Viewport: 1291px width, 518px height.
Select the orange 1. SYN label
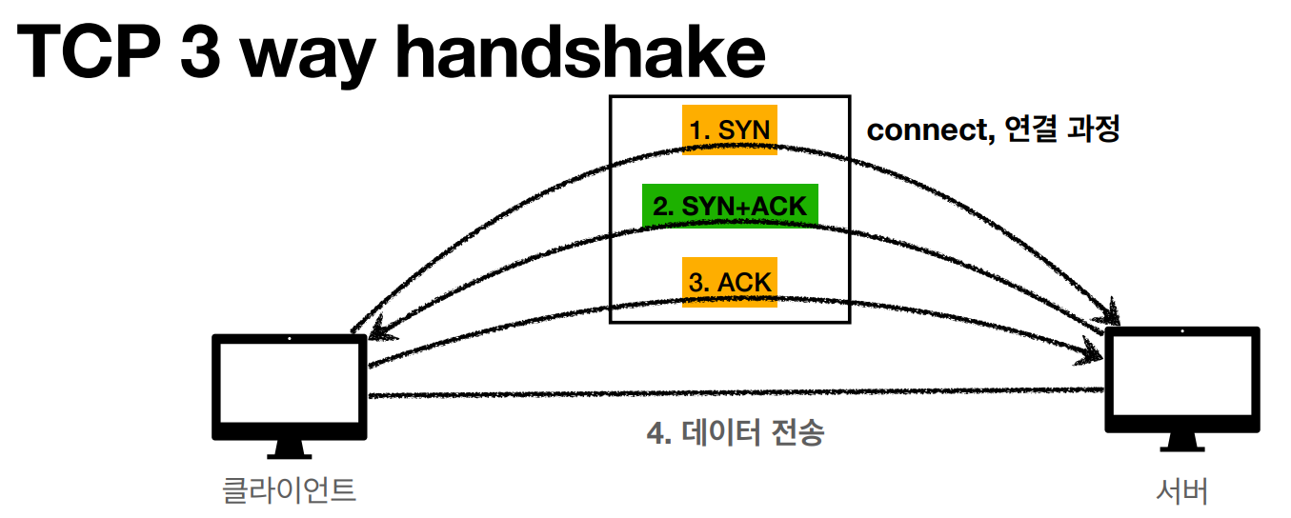click(730, 129)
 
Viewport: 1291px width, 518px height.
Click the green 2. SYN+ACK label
click(730, 205)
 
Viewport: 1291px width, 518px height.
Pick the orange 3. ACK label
click(730, 282)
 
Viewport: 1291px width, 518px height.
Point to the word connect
click(923, 130)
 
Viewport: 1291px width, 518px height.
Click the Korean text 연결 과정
click(1057, 129)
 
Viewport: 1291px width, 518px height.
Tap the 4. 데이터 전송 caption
click(735, 433)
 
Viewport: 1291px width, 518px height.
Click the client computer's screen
click(290, 384)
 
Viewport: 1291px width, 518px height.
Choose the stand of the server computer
click(1182, 440)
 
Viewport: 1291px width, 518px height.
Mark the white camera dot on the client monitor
click(290, 339)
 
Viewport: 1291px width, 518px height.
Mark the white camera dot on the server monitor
click(1182, 332)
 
